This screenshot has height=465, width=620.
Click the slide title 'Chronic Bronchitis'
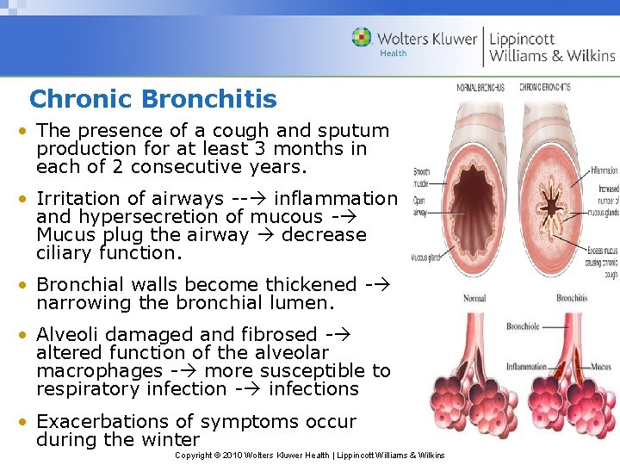(x=152, y=99)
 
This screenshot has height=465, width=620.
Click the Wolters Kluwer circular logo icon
(x=362, y=38)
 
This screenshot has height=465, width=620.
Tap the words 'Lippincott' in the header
(x=522, y=38)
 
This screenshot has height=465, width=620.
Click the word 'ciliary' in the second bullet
(x=66, y=253)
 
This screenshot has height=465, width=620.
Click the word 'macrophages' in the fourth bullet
(x=100, y=371)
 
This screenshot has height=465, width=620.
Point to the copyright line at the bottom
(x=309, y=455)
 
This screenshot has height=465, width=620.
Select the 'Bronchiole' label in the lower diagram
(x=523, y=326)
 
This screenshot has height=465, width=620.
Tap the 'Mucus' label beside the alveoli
(x=601, y=366)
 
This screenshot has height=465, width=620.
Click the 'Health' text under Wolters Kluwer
(x=394, y=53)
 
